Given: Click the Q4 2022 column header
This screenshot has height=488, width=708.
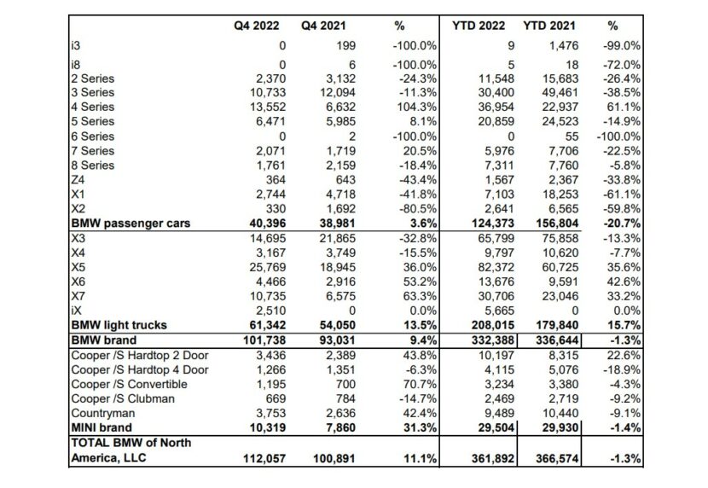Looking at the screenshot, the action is [257, 26].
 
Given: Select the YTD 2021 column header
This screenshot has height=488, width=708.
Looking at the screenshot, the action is [549, 26].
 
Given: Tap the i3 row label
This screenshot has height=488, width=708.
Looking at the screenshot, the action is [75, 45].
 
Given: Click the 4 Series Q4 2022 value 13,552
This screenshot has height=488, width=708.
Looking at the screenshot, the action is [268, 107].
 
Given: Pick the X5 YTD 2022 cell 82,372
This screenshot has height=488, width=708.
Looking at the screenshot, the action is [496, 267].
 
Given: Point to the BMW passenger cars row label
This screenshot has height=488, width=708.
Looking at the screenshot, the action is [131, 224].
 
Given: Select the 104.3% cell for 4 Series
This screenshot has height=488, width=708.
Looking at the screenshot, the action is [420, 107].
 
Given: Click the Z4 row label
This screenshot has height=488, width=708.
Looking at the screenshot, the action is [78, 180].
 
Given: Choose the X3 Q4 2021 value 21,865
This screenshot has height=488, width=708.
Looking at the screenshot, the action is [338, 238].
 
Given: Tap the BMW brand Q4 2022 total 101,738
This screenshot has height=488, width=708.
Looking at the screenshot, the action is [264, 340].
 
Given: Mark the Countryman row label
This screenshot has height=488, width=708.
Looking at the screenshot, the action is [103, 414].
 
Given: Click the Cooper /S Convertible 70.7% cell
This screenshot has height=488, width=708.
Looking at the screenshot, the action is [420, 384].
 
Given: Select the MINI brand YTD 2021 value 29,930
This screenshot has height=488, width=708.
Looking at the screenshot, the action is [560, 427].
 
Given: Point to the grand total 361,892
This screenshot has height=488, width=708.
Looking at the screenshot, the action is [493, 459].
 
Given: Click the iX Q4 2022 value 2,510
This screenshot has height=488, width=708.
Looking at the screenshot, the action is [271, 311].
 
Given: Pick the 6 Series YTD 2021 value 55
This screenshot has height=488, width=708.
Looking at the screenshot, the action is [572, 137].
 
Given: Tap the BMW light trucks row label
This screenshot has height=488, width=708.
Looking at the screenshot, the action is [119, 325].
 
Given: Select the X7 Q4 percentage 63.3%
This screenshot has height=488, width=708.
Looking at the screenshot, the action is [420, 296].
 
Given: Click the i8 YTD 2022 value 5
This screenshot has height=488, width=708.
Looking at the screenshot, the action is [511, 65].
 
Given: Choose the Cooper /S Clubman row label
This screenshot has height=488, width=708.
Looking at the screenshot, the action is [123, 399].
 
